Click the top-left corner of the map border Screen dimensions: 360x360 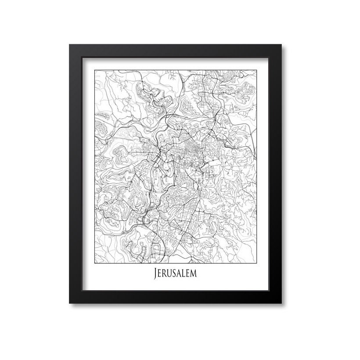(x=95, y=68)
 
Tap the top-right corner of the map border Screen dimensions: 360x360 (x=256, y=68)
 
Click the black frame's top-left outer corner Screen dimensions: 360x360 (x=69, y=43)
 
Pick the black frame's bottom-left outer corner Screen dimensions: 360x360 (x=69, y=303)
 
